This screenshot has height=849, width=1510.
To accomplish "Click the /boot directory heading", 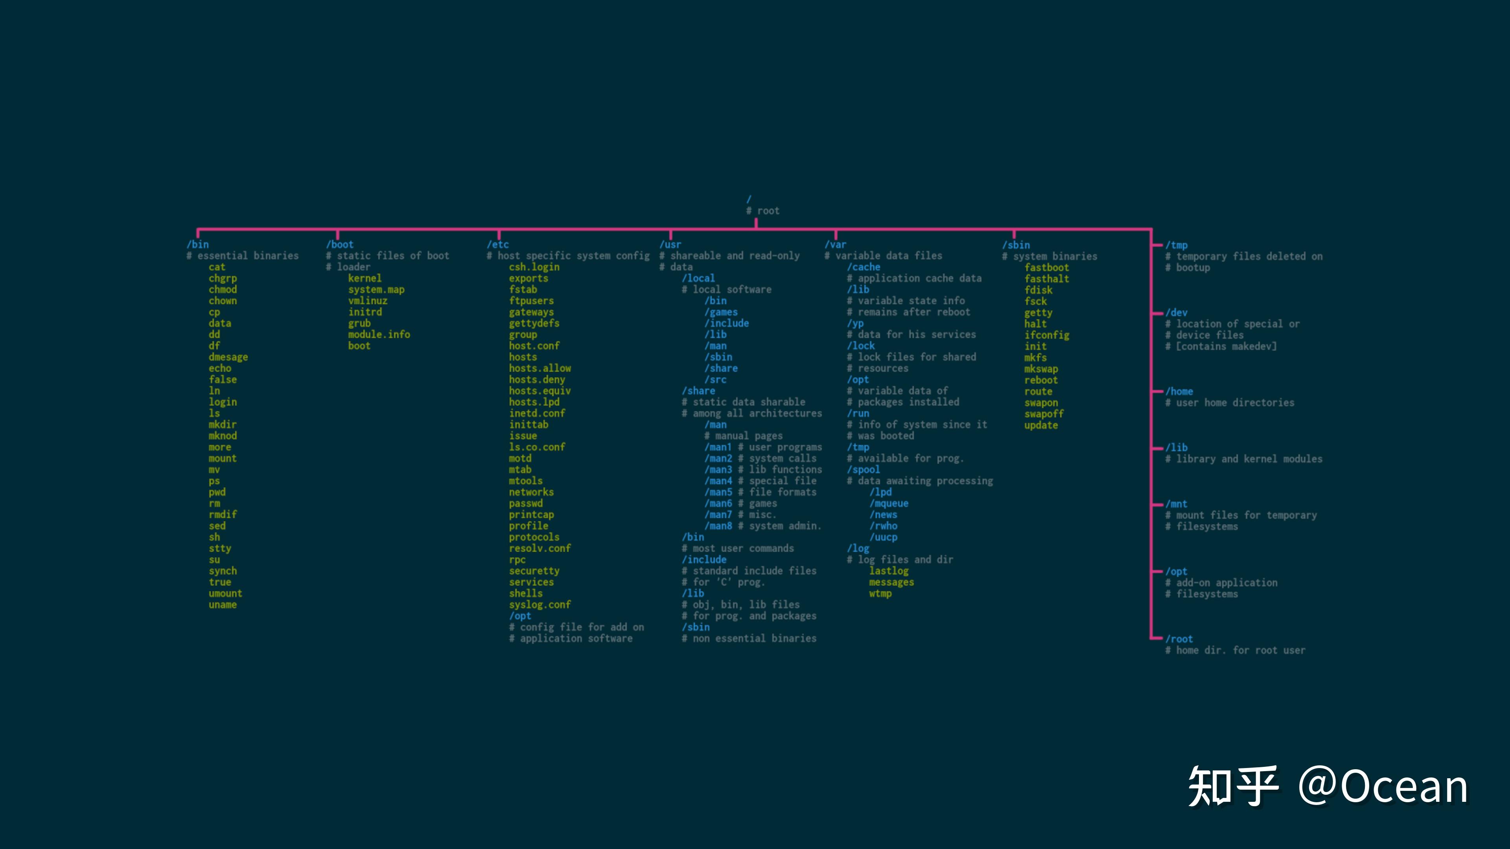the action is pos(340,244).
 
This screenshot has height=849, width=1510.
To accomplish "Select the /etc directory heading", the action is pos(498,244).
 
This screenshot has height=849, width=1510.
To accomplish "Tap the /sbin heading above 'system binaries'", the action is pos(1016,245).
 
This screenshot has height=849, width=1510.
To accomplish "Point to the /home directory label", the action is pos(1179,391).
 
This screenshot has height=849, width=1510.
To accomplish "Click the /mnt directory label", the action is pos(1177,504).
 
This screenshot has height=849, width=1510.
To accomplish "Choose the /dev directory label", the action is pos(1177,313).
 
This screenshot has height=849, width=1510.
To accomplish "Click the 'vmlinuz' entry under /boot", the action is pos(368,301).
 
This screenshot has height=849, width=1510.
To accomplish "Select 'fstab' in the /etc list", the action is pos(523,289).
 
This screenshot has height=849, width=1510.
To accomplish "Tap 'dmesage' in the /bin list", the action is pos(228,357).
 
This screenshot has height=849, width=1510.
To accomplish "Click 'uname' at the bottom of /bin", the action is pos(223,605).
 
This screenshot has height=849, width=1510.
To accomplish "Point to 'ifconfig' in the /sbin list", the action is pos(1047,335).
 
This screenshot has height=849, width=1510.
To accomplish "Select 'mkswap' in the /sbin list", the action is pos(1041,369).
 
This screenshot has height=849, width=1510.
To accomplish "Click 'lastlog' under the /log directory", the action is pos(889,571).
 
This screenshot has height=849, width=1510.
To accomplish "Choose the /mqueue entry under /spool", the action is pos(889,503).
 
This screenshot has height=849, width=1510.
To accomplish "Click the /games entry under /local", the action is pos(721,312).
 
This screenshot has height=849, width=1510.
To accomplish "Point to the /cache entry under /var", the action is pos(864,267).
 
